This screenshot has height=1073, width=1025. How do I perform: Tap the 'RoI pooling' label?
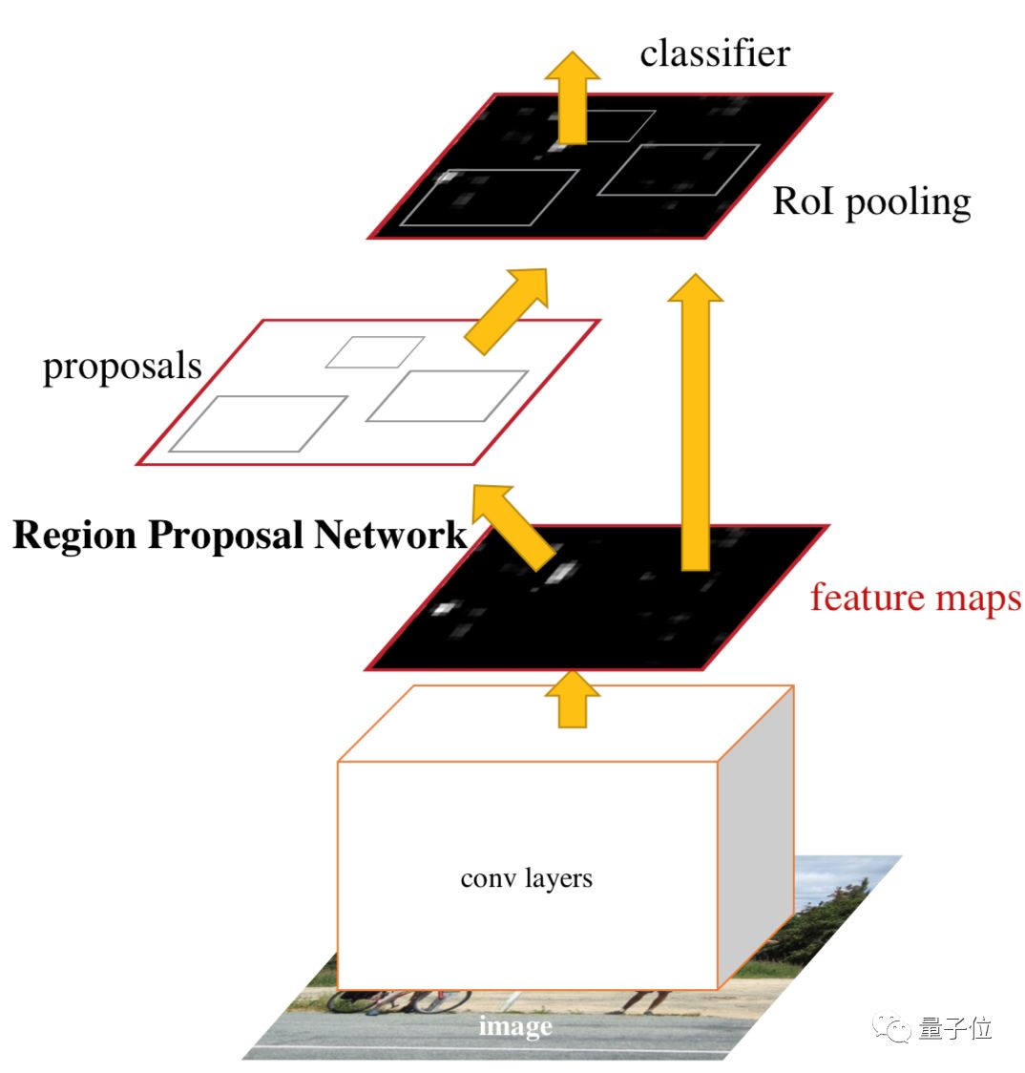[x=871, y=201]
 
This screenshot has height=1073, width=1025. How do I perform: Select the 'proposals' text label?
[x=122, y=367]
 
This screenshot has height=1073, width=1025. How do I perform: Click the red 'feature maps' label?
[x=915, y=598]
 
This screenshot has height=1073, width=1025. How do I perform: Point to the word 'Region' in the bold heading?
[x=73, y=535]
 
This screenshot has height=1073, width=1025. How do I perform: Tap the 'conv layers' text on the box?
[x=526, y=877]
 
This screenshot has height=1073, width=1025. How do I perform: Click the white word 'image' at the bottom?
[x=515, y=1026]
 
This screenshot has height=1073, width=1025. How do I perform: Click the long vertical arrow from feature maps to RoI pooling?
[x=695, y=420]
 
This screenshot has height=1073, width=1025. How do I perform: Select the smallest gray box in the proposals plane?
[x=375, y=351]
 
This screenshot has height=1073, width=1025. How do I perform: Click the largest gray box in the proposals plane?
[x=258, y=423]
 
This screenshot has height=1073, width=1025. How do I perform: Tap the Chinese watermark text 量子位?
[x=954, y=1028]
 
